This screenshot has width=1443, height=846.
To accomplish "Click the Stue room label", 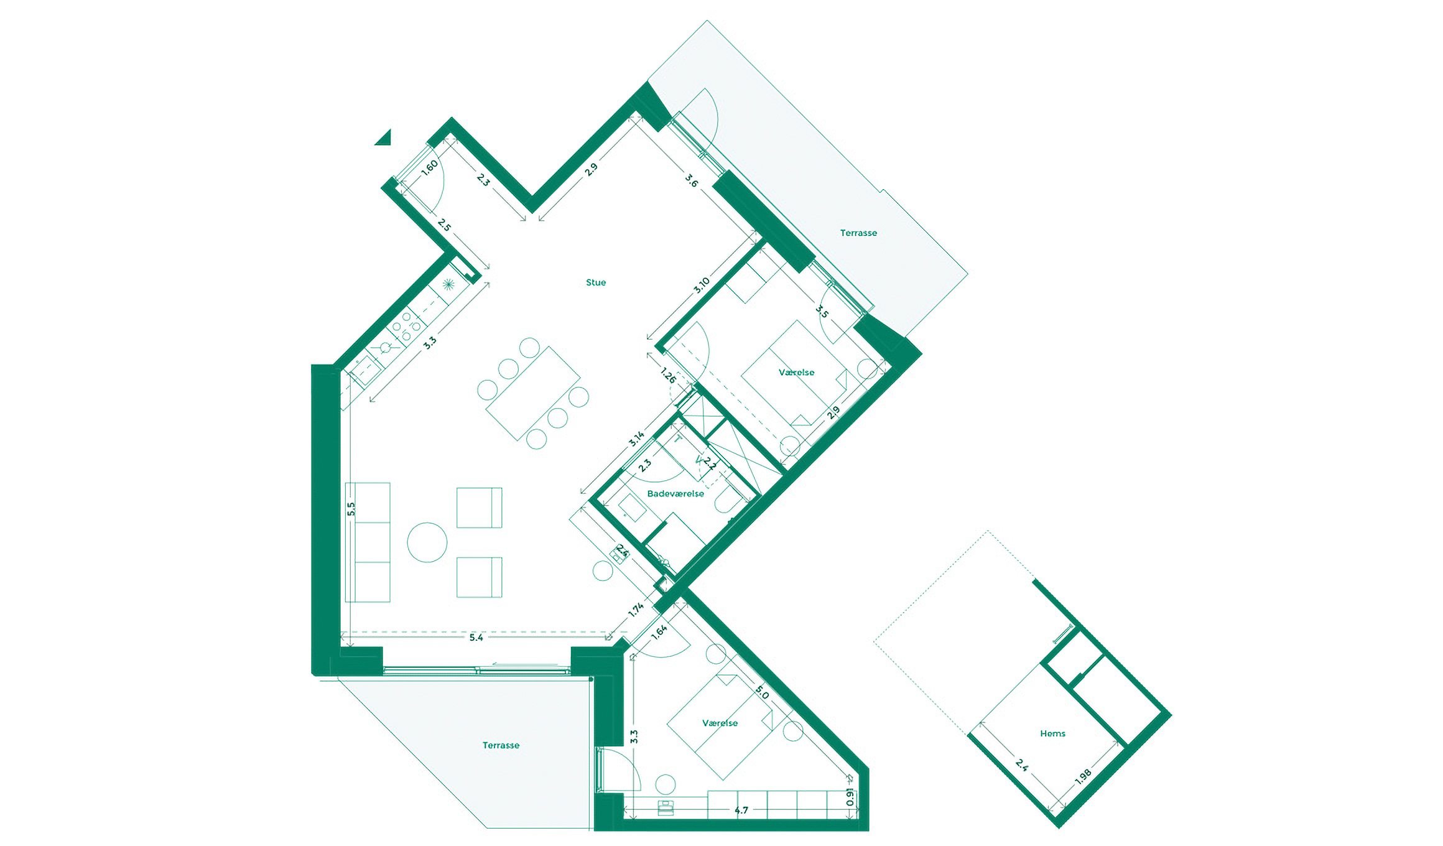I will (x=595, y=282).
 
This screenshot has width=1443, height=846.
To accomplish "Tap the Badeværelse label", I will (x=675, y=494).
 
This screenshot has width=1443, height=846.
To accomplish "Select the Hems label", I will (x=1052, y=733).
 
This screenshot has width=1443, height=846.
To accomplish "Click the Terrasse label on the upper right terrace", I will (x=858, y=233).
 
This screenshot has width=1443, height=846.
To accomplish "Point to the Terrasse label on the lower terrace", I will (x=501, y=745).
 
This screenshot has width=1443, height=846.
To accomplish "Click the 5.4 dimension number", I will (x=476, y=637).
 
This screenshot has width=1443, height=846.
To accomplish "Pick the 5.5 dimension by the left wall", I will (x=351, y=509).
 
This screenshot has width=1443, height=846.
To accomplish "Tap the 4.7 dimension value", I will (x=741, y=810).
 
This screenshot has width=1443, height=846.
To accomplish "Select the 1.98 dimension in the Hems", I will (x=1083, y=776).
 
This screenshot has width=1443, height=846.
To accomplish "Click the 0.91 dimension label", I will (x=850, y=797).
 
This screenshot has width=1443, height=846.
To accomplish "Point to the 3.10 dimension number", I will (x=702, y=286).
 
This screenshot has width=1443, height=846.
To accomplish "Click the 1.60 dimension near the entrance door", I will (x=429, y=167).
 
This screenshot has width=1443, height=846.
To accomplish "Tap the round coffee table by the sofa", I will (x=427, y=542).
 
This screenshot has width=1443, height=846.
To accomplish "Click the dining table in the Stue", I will (x=533, y=393).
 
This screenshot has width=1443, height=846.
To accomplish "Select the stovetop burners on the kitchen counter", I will (x=406, y=326).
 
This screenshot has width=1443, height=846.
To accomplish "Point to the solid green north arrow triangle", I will (x=385, y=139).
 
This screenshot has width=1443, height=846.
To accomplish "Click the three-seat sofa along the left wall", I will (x=368, y=542).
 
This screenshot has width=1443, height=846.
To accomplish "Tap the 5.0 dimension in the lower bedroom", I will (x=762, y=692).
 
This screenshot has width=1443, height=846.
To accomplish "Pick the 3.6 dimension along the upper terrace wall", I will (x=692, y=180).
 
